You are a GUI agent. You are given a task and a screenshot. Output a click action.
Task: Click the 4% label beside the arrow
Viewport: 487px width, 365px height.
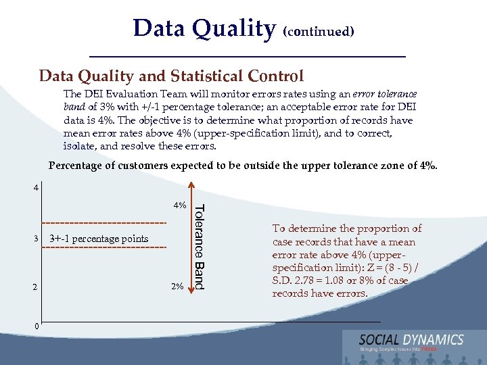pyautogui.click(x=179, y=205)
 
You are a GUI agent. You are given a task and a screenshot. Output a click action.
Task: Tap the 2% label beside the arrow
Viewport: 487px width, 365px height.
pyautogui.click(x=177, y=287)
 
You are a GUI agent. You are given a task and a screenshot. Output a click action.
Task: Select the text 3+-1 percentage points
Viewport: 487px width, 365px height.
pyautogui.click(x=99, y=239)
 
